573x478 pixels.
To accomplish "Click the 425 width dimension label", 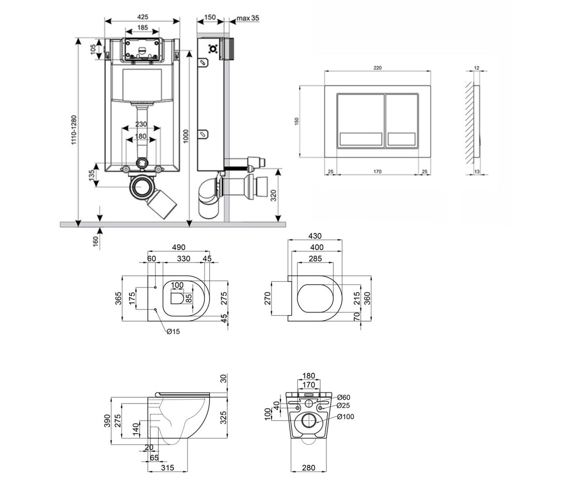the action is pos(143,17).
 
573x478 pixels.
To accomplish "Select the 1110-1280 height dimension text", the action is pos(74,130).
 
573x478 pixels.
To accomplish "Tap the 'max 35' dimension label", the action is pos(248,18).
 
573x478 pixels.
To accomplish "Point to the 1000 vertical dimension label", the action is pos(186,136).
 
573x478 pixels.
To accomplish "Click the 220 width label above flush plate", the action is pos(377,68).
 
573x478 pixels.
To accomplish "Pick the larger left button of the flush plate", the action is pos(361,120).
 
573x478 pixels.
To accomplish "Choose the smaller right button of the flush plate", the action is pos(402,120).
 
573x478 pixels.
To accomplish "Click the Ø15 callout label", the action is pos(173,332).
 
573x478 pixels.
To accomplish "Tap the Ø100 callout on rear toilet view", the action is pos(346,417).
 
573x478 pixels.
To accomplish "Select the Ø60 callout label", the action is pos(344,397).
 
